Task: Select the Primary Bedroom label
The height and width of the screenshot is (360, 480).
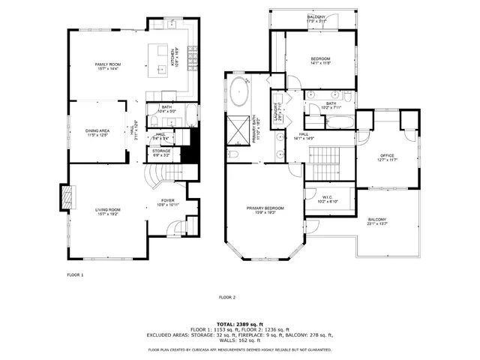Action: [266, 210]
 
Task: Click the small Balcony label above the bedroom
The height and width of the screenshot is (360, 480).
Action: [316, 19]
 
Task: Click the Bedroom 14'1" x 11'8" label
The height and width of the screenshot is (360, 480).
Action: [319, 61]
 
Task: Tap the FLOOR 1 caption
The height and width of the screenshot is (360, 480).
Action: [75, 276]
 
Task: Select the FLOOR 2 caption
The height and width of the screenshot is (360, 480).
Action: [227, 298]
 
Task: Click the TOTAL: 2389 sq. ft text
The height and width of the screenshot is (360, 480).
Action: [240, 323]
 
